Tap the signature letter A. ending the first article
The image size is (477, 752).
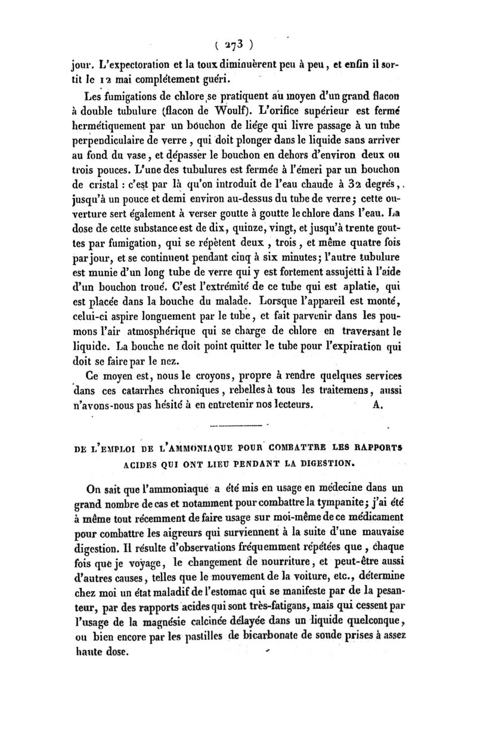tap(379, 404)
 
